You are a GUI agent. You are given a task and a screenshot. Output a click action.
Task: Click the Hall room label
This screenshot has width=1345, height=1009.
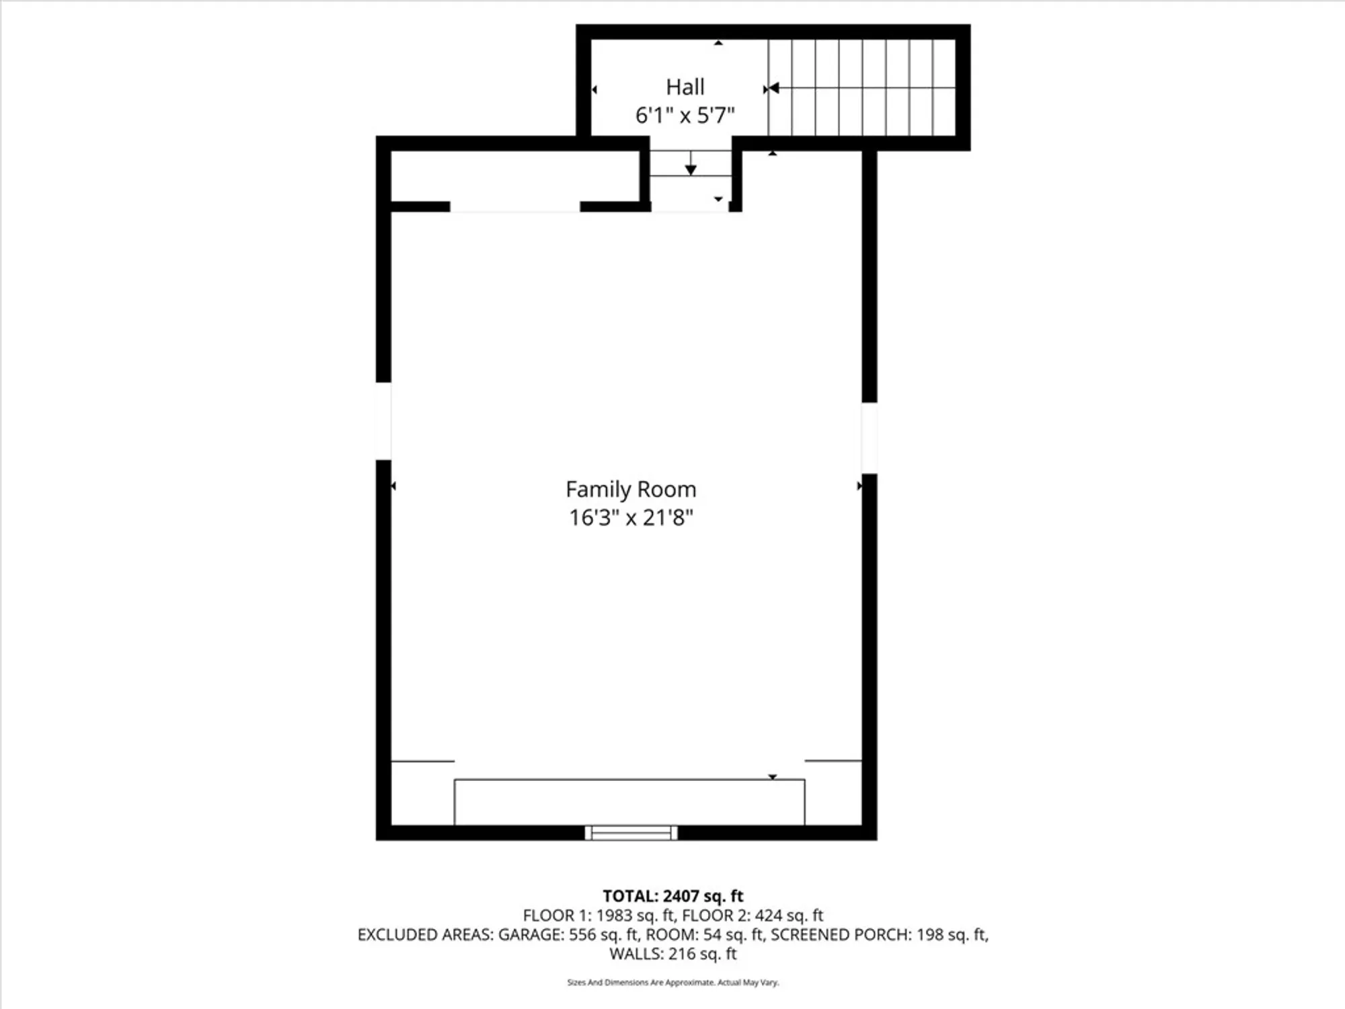685,87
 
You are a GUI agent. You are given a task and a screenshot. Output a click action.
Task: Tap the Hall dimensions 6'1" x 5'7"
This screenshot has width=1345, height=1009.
685,116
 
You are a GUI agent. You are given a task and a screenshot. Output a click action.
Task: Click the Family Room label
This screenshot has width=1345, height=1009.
631,489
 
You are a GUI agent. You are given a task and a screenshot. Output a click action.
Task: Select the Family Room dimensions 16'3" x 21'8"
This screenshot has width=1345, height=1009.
631,518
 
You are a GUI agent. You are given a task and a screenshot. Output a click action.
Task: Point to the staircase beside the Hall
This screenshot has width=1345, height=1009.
862,87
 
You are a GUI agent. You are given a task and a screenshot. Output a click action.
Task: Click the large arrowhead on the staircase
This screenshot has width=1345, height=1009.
773,88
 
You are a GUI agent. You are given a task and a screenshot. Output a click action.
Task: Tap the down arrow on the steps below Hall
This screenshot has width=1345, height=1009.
691,169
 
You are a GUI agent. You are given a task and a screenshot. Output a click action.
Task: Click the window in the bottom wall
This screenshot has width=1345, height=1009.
631,833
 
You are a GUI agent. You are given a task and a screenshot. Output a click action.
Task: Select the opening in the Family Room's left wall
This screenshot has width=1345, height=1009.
383,421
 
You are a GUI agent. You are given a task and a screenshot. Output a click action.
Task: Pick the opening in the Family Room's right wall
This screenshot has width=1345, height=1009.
869,438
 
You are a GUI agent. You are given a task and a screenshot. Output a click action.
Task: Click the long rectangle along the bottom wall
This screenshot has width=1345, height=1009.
629,802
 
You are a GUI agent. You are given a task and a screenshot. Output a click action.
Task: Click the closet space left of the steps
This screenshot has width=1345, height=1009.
514,176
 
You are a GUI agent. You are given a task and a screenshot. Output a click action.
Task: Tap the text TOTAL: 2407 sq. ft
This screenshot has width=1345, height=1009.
672,896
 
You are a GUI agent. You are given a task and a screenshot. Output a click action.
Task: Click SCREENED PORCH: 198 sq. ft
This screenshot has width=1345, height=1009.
880,934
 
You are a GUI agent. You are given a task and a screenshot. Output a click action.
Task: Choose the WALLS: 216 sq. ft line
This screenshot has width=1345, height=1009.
672,954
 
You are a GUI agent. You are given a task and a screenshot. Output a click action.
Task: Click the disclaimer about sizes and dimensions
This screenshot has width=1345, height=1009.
672,983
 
